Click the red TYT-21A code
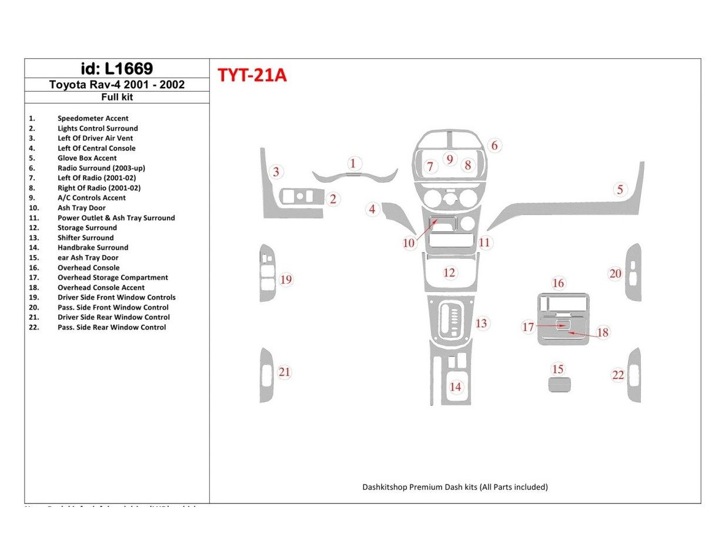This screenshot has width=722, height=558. (252, 76)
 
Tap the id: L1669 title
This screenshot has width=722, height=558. (116, 69)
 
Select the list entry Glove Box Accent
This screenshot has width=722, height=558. (87, 158)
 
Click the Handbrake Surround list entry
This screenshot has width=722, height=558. (93, 247)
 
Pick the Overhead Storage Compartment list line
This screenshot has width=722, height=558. (112, 277)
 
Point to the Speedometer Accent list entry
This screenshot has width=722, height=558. (93, 118)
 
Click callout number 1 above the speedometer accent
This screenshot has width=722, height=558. (353, 163)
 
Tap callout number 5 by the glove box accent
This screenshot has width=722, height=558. (620, 189)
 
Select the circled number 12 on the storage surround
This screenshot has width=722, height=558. (449, 273)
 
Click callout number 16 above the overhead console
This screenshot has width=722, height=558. (558, 283)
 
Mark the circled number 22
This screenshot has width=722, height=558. (618, 375)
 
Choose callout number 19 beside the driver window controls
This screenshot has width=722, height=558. (286, 279)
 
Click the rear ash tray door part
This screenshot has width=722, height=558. (559, 385)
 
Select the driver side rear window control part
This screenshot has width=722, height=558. (266, 375)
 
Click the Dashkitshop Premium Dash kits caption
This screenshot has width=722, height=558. (455, 487)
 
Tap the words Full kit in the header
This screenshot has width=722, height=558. (116, 98)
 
